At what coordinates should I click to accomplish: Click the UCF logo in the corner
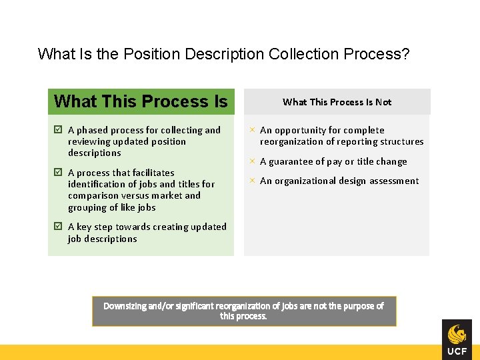tap(457, 339)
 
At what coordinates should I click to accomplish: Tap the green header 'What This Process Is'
tap(141, 101)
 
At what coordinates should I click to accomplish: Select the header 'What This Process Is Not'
tap(337, 102)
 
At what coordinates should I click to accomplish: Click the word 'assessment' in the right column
tap(394, 181)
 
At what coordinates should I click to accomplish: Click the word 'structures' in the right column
tap(400, 141)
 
